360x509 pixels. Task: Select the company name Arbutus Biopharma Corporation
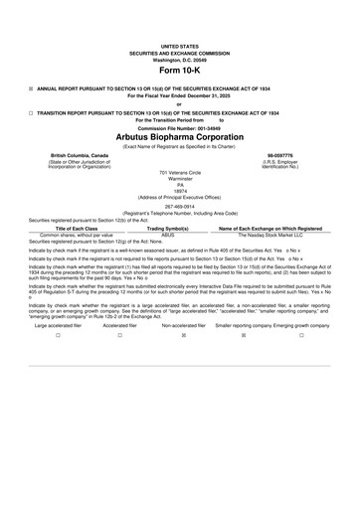click(x=179, y=137)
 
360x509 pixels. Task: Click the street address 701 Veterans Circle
click(x=179, y=173)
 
